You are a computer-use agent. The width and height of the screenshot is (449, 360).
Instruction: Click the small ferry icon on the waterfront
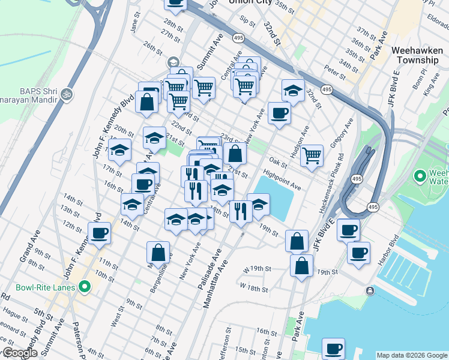(370, 291)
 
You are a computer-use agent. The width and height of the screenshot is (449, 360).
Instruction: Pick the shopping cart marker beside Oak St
(312, 156)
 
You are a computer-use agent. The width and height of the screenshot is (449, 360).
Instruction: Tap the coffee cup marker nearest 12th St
(100, 233)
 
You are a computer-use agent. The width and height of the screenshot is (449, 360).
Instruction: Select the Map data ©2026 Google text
(411, 355)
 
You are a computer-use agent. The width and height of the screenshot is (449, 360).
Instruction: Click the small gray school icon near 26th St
(173, 62)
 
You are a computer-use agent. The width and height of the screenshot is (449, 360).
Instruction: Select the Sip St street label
(247, 19)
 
